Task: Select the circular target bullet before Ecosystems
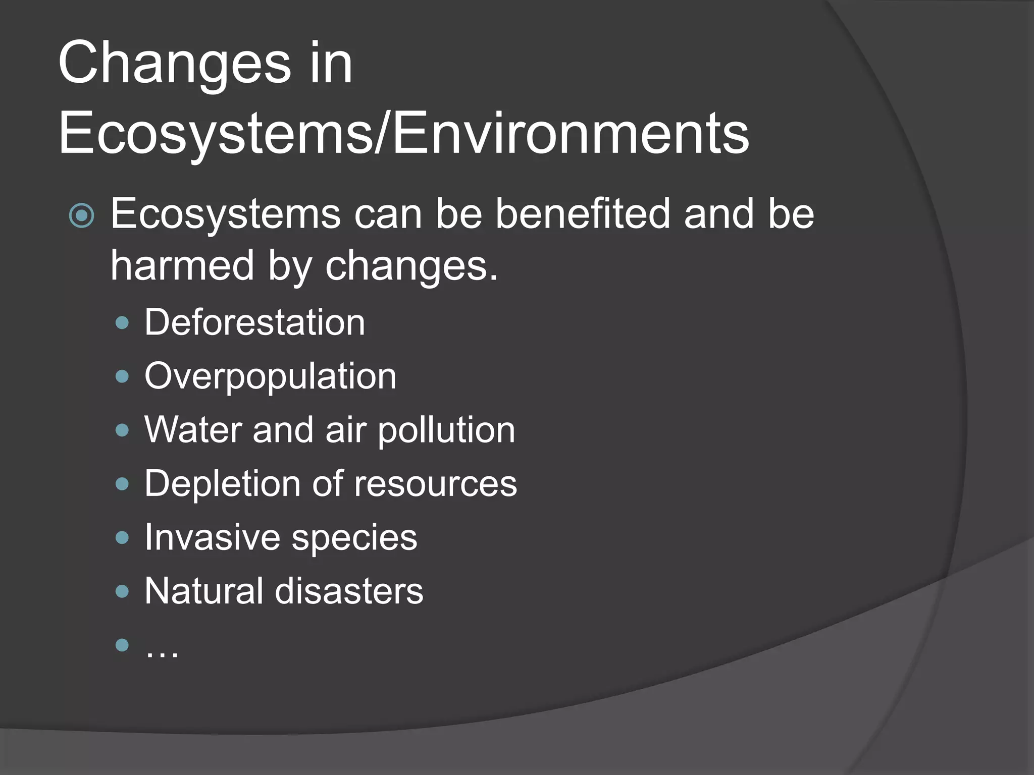click(81, 216)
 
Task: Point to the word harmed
click(182, 265)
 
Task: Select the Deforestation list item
click(254, 322)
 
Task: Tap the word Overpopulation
click(270, 376)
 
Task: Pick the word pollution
click(446, 431)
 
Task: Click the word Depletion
click(222, 484)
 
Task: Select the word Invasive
click(212, 537)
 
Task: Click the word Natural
click(204, 591)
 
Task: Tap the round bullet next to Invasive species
click(122, 538)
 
